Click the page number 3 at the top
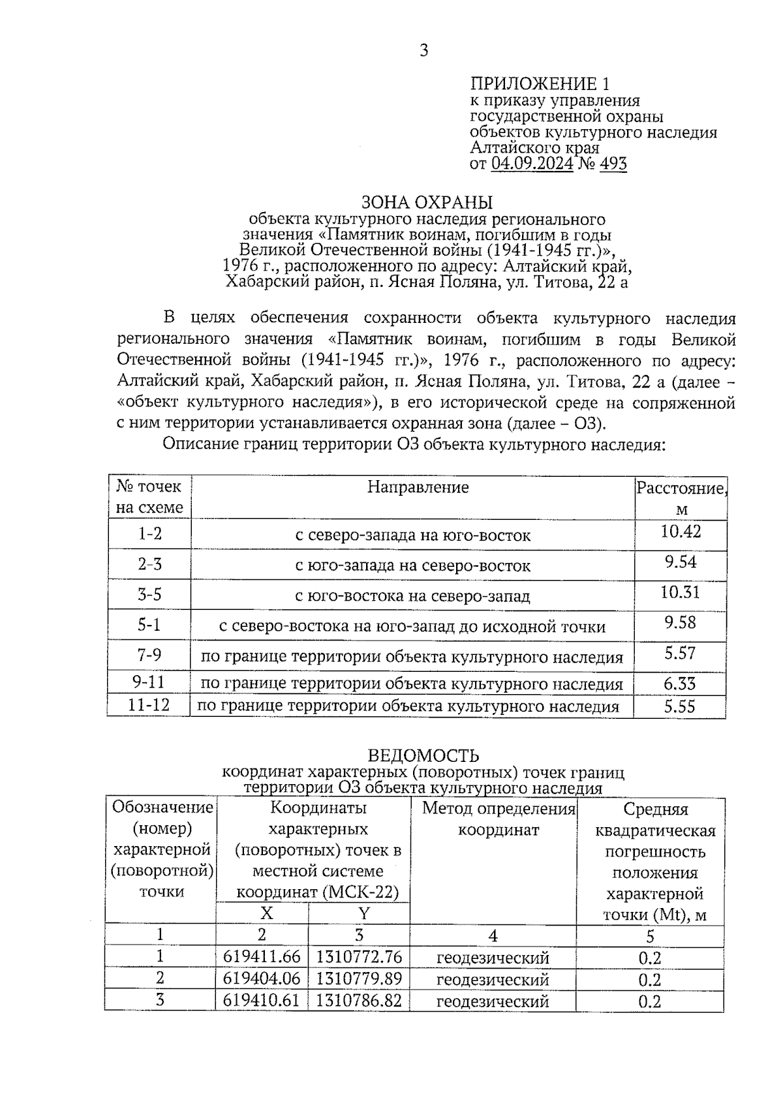(x=424, y=51)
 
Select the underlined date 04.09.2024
(x=532, y=164)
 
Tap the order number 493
(x=613, y=164)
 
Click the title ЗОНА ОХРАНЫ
(x=427, y=202)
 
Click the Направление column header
(x=418, y=487)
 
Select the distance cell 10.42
(x=681, y=532)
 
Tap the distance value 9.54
(x=681, y=562)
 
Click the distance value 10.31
(x=681, y=592)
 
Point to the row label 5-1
(x=149, y=625)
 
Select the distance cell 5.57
(x=681, y=653)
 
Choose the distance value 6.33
(x=680, y=684)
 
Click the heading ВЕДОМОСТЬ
(x=423, y=755)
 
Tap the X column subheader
(x=266, y=913)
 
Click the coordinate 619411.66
(x=262, y=957)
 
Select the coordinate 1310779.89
(x=359, y=978)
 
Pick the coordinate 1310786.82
(x=359, y=1000)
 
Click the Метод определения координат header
(x=499, y=819)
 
